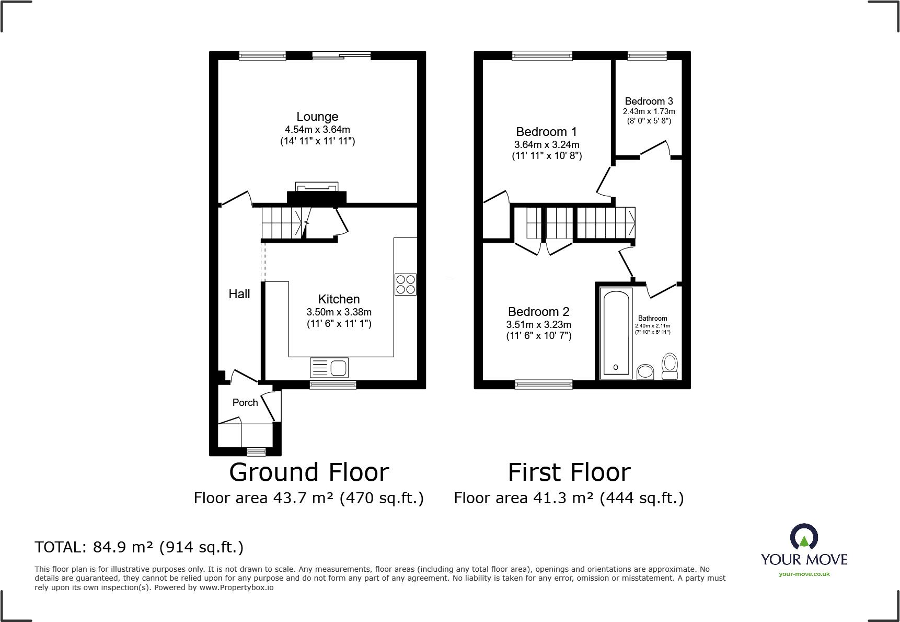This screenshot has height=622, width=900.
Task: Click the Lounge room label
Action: click(317, 117)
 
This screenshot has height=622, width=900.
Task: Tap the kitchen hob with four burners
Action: click(406, 284)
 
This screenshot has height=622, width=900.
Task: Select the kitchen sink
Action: click(329, 368)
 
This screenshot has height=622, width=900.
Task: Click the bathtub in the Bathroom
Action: click(616, 333)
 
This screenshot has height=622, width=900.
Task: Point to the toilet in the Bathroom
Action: click(670, 366)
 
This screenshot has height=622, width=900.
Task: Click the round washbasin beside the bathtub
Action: click(645, 372)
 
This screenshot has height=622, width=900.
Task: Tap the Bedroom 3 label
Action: click(649, 101)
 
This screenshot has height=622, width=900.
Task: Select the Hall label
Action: click(239, 294)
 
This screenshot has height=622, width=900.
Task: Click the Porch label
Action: click(245, 402)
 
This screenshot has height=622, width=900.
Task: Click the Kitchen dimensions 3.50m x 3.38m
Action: click(339, 312)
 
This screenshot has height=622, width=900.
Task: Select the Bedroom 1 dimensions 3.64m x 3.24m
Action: click(547, 144)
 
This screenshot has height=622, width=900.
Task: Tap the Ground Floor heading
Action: click(309, 472)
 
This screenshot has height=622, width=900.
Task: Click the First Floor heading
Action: click(569, 472)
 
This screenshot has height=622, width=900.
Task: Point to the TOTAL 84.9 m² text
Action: click(139, 547)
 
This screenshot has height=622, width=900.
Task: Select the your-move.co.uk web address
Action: click(804, 574)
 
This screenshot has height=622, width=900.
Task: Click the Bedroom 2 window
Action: click(544, 384)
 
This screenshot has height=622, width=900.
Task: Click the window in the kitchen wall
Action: click(333, 385)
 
